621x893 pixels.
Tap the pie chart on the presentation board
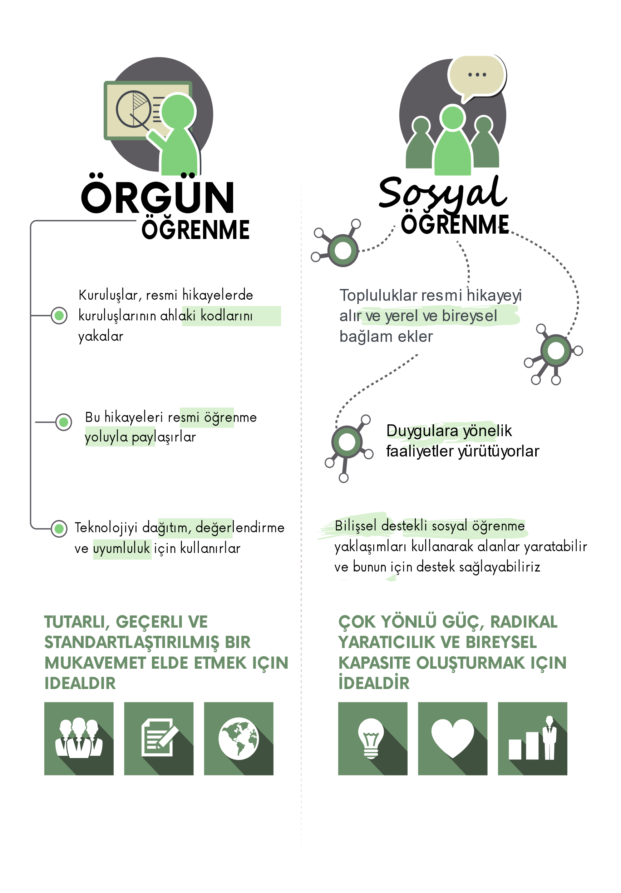point(133,109)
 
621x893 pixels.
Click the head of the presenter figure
point(178,111)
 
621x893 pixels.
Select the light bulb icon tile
point(373,738)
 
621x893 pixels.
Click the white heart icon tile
point(453,738)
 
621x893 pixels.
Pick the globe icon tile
point(238,738)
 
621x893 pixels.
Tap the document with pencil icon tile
point(159,738)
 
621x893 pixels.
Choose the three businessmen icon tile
point(79,738)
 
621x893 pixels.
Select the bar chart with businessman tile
point(532,738)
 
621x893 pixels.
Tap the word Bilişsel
point(356,526)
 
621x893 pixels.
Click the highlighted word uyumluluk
point(122,549)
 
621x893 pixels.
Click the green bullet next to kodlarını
point(59,315)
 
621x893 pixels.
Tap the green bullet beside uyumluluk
point(59,528)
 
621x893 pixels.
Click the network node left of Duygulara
point(347,442)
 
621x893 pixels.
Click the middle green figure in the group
point(453,144)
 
